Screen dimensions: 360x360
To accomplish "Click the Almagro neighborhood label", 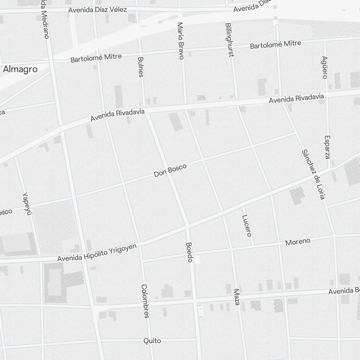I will tap(20, 69).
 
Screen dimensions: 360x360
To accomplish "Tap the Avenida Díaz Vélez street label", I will tap(98, 10).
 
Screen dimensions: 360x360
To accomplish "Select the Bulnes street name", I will tap(141, 67).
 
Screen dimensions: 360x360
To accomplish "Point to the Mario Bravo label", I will tap(180, 41).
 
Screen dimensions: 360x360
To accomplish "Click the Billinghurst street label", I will tap(229, 40).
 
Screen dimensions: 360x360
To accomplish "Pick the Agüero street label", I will tap(325, 67).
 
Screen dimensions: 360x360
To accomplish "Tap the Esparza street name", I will tap(327, 147).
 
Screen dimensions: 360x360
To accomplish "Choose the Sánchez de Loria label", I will tap(314, 174).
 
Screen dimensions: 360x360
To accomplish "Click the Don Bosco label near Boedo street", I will tap(170, 170).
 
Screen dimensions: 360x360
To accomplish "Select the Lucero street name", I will tap(246, 226).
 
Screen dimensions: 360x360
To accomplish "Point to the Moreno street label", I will tap(298, 242).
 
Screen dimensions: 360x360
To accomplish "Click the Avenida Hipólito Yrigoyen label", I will tap(97, 252).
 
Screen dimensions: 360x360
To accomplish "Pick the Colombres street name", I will tap(145, 301).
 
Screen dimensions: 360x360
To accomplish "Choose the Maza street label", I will tap(237, 297).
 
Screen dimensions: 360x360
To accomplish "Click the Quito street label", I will tap(152, 341).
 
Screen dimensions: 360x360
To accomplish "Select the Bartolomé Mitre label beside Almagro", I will tap(96, 58).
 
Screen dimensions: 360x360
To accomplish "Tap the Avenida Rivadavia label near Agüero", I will tap(296, 99).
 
